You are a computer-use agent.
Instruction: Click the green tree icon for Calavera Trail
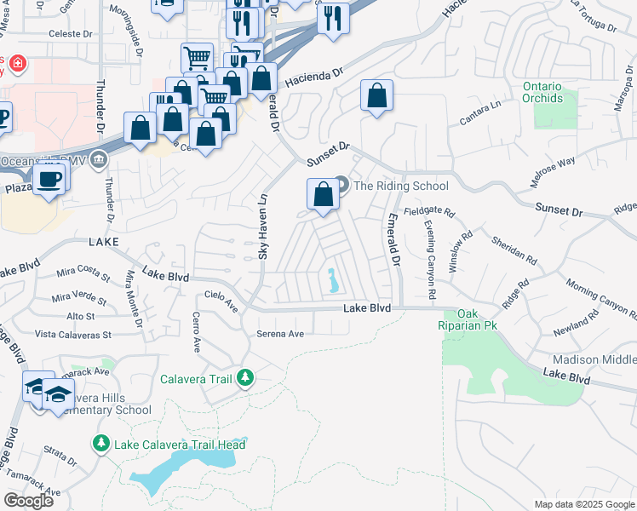point(245,377)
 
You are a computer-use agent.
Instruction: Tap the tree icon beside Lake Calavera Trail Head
point(100,444)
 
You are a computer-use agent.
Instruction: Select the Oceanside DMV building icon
point(100,159)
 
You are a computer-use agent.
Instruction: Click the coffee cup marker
point(49,180)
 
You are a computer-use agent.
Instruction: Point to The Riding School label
point(400,186)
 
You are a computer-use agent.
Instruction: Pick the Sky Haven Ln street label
point(263,226)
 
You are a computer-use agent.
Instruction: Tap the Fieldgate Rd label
point(430,210)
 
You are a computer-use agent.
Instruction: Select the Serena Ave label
point(280,334)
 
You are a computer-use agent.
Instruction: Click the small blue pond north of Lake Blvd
point(330,279)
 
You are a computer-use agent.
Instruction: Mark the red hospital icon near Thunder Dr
point(15,64)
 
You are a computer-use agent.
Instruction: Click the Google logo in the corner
point(28,500)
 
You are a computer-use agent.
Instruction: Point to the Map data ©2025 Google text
point(583,504)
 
